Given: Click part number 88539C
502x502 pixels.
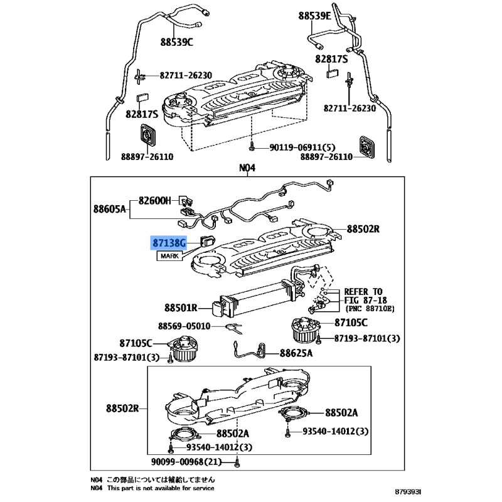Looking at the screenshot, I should click(x=177, y=42).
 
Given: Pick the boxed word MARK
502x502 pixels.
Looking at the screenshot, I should click(x=169, y=257).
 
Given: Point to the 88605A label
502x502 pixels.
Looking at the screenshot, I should click(x=110, y=208).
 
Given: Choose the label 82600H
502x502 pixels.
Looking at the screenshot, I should click(x=155, y=201).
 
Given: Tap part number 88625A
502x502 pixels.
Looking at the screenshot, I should click(x=296, y=353).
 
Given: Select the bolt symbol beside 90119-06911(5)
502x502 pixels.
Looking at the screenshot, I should click(x=252, y=147).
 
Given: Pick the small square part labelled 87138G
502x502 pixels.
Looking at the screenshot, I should click(x=207, y=239).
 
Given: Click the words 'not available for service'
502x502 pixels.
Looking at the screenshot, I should click(x=176, y=488).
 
